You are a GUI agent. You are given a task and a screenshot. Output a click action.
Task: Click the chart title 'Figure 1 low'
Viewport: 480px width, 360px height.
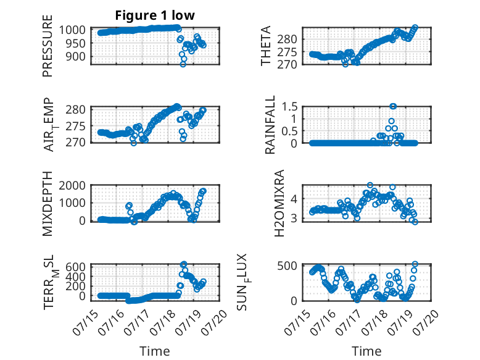tap(155, 15)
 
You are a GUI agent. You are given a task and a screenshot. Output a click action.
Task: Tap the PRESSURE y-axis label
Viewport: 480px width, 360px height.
tap(48, 46)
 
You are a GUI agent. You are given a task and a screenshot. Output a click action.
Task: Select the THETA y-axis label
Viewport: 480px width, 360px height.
tap(266, 46)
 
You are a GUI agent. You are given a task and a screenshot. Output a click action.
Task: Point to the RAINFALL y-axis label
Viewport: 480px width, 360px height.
tap(270, 125)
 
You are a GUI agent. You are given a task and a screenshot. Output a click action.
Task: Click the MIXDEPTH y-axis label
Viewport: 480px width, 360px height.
tap(48, 204)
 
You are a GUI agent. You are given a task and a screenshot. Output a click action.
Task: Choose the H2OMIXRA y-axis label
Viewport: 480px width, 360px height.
tap(279, 203)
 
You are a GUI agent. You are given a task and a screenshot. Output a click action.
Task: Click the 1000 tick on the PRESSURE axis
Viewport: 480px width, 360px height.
tap(72, 30)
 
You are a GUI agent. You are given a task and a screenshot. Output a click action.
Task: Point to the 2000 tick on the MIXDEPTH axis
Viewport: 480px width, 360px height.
tap(72, 185)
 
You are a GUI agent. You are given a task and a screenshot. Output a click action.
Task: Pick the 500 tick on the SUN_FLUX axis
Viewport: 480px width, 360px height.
tap(287, 266)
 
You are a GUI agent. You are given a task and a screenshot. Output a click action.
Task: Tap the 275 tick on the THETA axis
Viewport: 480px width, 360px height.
tap(287, 52)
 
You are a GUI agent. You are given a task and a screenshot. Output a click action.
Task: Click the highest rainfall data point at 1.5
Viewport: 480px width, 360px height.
tap(393, 106)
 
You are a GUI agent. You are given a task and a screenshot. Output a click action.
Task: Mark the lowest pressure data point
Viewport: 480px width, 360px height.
tap(183, 64)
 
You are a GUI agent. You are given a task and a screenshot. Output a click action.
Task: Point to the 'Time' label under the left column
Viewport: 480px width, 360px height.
tap(155, 351)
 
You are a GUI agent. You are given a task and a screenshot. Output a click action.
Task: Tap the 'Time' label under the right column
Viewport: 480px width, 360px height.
tap(366, 351)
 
